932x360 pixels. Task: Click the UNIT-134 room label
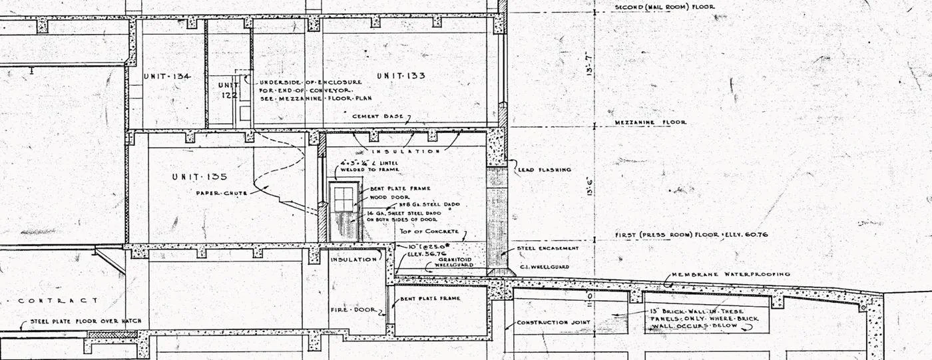(167, 77)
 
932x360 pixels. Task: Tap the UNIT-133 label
(401, 76)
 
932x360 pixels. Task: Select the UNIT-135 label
(199, 177)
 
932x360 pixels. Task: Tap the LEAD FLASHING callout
(544, 170)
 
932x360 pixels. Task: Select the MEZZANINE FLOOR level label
(650, 122)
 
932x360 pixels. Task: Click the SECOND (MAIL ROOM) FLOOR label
(664, 7)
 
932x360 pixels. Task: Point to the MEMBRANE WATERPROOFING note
(730, 274)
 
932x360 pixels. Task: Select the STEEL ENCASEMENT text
(548, 248)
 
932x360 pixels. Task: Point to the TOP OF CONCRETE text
(429, 232)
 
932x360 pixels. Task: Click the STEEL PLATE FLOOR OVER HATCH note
(86, 321)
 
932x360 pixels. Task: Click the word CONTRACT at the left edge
(58, 301)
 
